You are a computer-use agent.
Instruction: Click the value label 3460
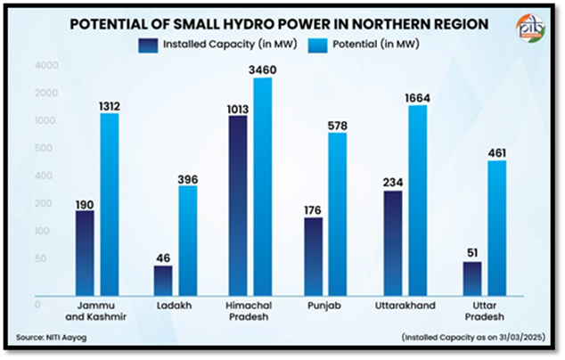(263, 70)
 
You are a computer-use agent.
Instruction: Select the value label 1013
(237, 108)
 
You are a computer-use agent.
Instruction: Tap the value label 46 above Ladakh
(162, 258)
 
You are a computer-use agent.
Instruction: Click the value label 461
(495, 152)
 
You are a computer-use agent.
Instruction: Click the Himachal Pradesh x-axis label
(250, 311)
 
